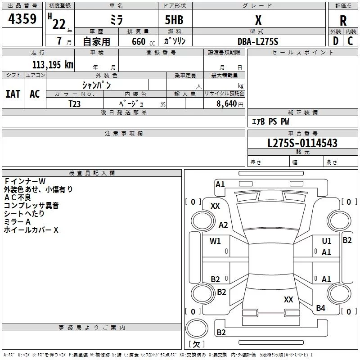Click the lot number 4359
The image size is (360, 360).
[22, 18]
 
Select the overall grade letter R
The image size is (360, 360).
[343, 20]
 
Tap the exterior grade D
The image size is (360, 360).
[336, 41]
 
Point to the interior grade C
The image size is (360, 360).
[350, 41]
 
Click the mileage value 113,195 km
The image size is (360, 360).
[53, 64]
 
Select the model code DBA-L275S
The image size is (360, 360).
[258, 41]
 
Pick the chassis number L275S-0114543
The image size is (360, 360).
[302, 143]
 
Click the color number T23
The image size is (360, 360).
[74, 104]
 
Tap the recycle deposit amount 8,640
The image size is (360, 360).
[227, 103]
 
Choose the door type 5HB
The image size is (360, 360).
[174, 20]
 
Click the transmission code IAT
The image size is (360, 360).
[13, 94]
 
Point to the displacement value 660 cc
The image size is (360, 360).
[143, 41]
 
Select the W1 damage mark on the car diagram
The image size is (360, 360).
[215, 241]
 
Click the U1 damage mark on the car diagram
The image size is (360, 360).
[327, 241]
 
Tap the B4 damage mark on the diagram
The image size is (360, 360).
[320, 308]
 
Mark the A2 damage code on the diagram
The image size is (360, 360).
[223, 225]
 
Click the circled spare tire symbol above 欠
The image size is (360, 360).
[197, 328]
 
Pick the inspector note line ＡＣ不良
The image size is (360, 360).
[18, 198]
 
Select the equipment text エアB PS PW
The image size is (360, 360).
[270, 121]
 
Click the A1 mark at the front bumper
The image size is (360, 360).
[220, 184]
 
